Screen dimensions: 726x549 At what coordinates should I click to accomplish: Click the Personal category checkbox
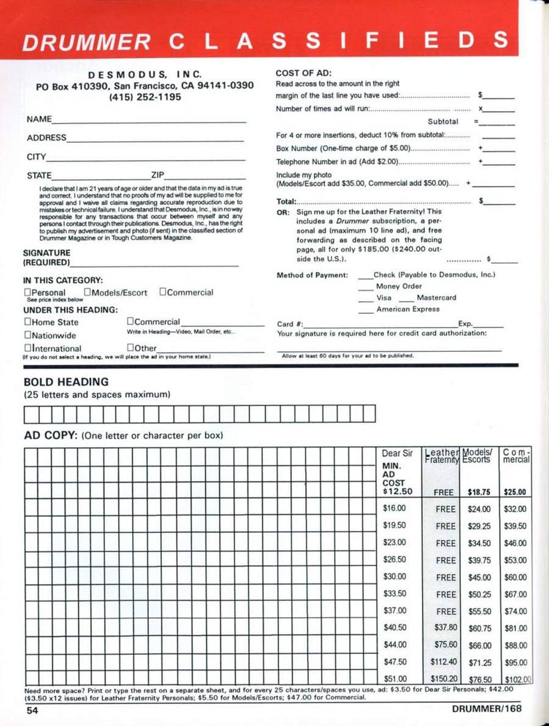(x=27, y=292)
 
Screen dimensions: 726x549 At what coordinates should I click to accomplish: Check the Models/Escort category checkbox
(x=87, y=292)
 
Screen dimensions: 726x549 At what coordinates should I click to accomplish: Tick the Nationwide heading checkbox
(x=27, y=335)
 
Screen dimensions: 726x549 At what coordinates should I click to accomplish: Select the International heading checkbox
(x=27, y=348)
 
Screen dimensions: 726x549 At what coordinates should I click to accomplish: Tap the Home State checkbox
(x=27, y=322)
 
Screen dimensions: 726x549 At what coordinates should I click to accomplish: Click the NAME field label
(x=39, y=119)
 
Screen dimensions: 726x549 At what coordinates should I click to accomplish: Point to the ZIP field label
(x=158, y=175)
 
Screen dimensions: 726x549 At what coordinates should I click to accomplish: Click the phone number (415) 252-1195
(x=145, y=97)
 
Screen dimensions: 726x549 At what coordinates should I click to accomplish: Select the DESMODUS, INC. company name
(x=145, y=74)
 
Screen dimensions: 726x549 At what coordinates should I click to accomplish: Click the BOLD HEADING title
(x=66, y=381)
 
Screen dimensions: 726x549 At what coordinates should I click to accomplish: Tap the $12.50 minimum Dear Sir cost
(x=397, y=491)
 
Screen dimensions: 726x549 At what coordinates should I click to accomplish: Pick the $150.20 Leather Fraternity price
(x=444, y=679)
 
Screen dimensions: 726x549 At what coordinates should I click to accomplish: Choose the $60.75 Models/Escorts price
(x=480, y=628)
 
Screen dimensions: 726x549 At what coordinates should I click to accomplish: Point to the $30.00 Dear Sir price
(x=395, y=577)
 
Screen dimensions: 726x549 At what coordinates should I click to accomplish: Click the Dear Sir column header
(x=397, y=453)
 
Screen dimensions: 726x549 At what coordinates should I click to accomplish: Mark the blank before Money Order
(x=366, y=287)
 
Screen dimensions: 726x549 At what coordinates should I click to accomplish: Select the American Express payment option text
(x=408, y=309)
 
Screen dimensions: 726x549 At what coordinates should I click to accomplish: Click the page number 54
(x=32, y=711)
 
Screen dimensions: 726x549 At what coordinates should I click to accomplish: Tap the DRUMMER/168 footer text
(x=486, y=709)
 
